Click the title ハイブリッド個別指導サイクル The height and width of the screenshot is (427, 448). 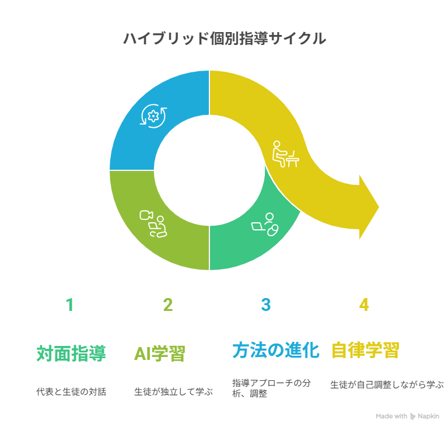tap(225, 38)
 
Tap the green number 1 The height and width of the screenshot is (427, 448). tap(70, 304)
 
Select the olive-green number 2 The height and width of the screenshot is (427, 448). tap(168, 304)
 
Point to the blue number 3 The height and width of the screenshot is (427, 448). tap(266, 304)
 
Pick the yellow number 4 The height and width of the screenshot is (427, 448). tap(364, 304)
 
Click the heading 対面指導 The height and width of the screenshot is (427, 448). tap(71, 353)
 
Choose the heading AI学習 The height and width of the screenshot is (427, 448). tap(160, 353)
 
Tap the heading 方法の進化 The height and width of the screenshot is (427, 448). tap(276, 350)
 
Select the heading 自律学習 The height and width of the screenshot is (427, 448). tap(365, 350)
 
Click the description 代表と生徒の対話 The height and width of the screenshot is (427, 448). tap(71, 391)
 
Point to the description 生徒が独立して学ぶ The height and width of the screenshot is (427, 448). tap(173, 391)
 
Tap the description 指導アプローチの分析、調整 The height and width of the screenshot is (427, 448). tap(271, 388)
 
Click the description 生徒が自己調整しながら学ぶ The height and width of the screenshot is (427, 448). tap(387, 384)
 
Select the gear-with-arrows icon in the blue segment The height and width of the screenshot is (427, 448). tap(153, 116)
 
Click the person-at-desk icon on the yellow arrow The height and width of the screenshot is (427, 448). tap(285, 154)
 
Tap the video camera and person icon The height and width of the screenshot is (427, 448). tap(153, 224)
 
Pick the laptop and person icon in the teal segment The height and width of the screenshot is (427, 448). tap(265, 225)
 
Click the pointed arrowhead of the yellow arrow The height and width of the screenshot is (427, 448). tap(378, 207)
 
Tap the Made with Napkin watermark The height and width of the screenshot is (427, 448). tap(407, 416)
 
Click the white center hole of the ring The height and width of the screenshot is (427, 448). tap(209, 170)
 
